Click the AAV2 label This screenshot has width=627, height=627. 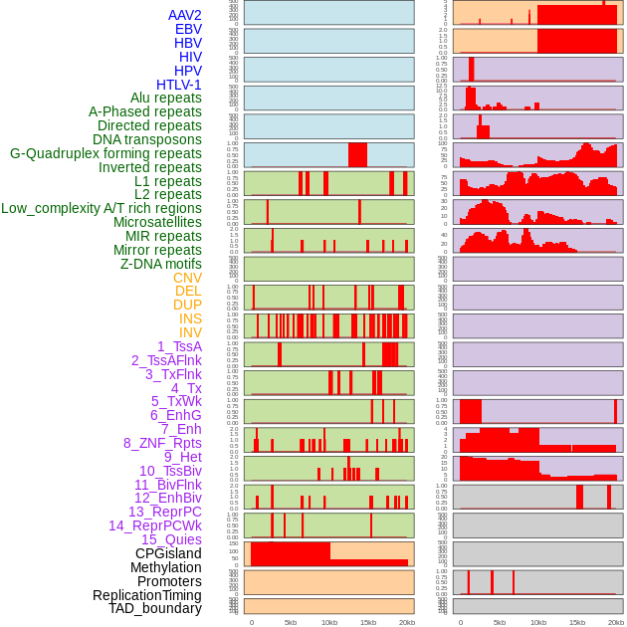185,15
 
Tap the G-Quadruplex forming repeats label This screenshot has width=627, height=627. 105,154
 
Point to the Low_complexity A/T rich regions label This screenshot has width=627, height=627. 102,208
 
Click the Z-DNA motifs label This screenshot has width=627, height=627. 161,264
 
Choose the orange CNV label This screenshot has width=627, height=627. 187,278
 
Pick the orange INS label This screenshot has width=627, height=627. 190,318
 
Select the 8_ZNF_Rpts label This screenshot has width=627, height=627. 162,443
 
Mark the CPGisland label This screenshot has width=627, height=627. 168,553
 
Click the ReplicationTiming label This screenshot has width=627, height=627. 147,595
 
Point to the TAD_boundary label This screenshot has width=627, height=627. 155,608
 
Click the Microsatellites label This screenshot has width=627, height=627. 157,222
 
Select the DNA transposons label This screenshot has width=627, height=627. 147,140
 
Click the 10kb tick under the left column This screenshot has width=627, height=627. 328,622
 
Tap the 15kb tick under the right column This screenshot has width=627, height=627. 577,622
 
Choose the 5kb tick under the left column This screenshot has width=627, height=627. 291,622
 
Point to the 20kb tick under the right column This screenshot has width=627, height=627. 616,622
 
